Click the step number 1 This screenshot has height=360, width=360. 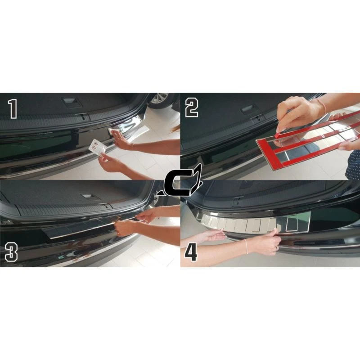point(13,109)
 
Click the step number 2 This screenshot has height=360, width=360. point(192,108)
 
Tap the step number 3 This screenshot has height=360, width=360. point(11,252)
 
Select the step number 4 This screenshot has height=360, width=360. point(191,252)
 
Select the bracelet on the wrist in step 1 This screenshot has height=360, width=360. point(133,147)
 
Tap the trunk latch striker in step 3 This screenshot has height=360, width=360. point(105,206)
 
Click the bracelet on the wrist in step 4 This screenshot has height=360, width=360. point(246,246)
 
